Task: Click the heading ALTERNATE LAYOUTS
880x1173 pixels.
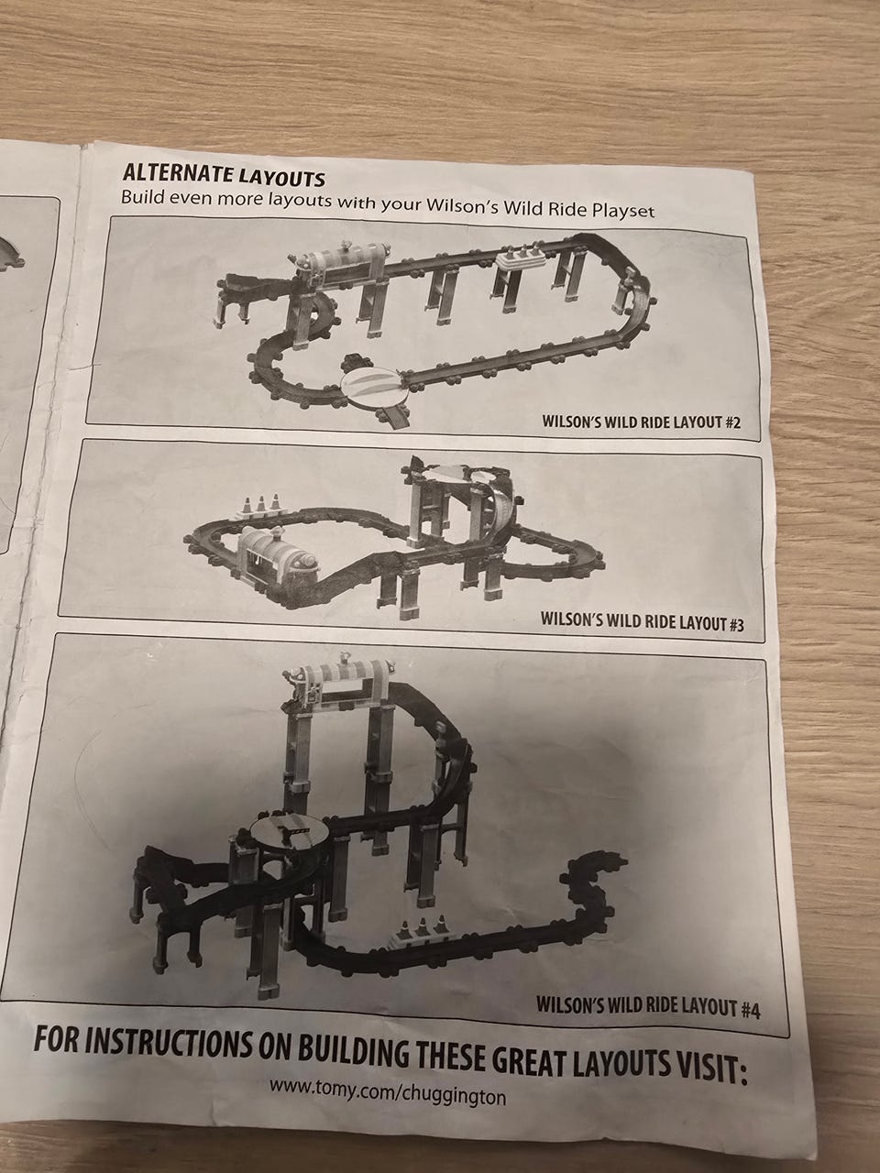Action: [224, 174]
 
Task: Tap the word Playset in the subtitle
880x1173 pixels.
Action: [623, 210]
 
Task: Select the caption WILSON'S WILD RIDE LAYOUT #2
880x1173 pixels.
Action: [641, 422]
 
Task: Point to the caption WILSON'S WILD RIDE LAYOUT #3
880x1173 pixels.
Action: [642, 621]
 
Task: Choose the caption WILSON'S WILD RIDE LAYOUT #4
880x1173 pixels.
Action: [648, 1007]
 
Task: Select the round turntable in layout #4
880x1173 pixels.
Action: [289, 835]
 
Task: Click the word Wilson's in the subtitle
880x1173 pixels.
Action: [465, 206]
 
